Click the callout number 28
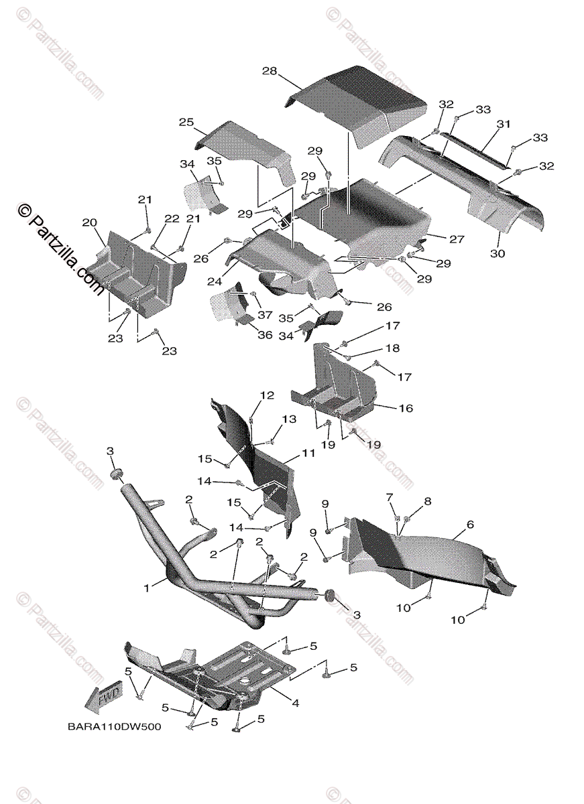click(x=270, y=72)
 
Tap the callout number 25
click(x=186, y=122)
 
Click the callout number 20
click(x=90, y=222)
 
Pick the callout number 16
click(x=406, y=408)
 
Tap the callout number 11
click(x=308, y=454)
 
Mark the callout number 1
click(x=146, y=588)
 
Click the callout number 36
click(x=265, y=335)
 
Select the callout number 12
click(x=268, y=396)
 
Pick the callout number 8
click(x=427, y=501)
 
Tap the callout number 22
click(x=172, y=219)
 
